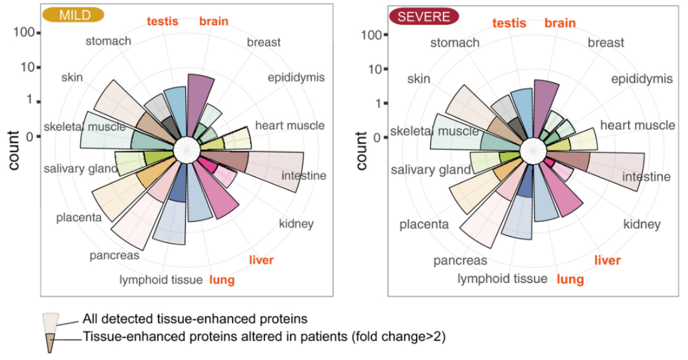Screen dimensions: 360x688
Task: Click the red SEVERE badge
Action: click(425, 17)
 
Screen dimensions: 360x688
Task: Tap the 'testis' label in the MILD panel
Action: click(162, 21)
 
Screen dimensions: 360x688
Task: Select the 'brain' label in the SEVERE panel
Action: click(560, 23)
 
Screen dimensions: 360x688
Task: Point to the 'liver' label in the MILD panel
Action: click(261, 259)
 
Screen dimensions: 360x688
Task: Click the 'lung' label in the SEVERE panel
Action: click(570, 279)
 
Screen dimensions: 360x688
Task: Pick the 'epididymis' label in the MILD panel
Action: click(296, 78)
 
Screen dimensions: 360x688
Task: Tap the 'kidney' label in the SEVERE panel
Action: click(641, 224)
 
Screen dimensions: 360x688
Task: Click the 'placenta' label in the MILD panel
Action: click(78, 218)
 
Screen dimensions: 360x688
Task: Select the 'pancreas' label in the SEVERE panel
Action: click(461, 261)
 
